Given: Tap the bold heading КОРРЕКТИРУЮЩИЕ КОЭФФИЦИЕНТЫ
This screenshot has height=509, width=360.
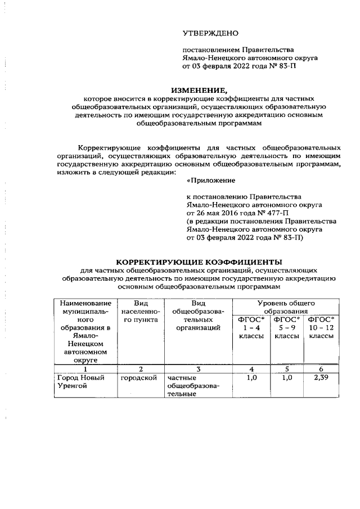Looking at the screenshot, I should [x=199, y=262].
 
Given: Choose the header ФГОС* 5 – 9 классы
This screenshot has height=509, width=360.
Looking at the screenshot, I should [x=286, y=327].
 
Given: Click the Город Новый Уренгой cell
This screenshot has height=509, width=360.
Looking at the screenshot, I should [x=82, y=382].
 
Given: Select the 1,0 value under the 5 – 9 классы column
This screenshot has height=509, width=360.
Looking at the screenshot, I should [x=286, y=378].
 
